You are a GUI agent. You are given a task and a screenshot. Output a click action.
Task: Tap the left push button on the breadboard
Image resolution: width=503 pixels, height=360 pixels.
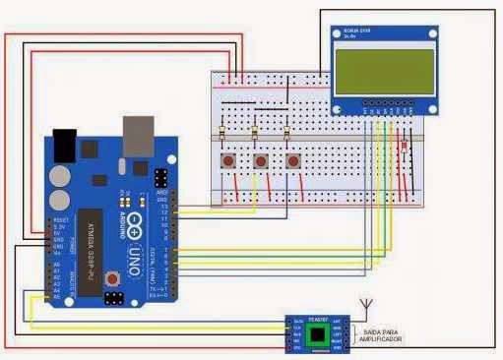tap(228, 160)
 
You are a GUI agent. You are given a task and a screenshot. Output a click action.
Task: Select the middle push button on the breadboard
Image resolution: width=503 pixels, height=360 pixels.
tap(260, 160)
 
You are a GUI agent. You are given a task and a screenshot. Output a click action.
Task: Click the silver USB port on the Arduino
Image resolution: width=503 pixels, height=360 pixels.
tap(138, 136)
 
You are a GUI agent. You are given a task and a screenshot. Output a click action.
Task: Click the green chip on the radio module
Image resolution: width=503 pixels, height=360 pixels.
tap(318, 335)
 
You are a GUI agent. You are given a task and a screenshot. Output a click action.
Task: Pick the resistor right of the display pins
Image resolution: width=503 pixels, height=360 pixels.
tap(406, 148)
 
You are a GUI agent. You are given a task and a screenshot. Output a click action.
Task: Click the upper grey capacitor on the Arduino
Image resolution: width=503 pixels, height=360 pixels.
tap(59, 175)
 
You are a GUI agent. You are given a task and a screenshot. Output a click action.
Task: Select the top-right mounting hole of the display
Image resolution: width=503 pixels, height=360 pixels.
tap(428, 31)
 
